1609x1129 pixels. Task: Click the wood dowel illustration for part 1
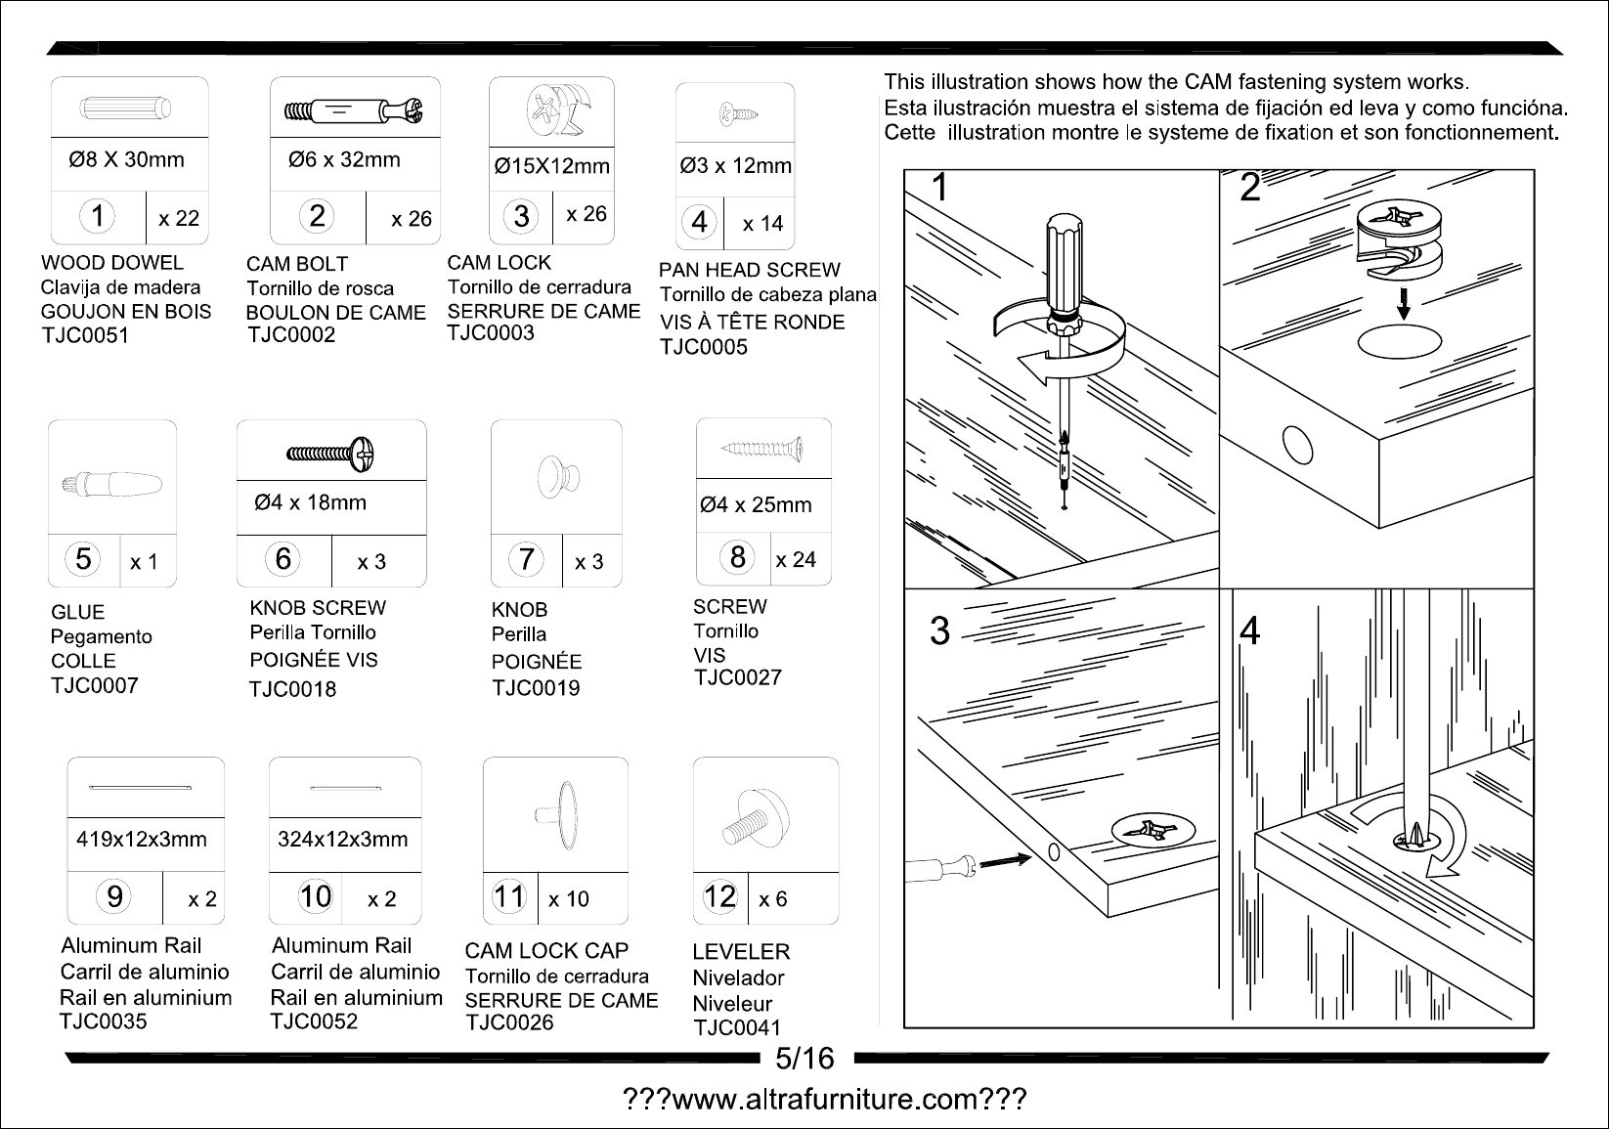126,109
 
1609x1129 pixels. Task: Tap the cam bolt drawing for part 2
354,111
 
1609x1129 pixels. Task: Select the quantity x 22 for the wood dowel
179,218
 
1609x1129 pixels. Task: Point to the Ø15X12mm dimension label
551,166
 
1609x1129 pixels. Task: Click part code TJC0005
704,347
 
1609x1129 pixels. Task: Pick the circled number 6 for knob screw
283,559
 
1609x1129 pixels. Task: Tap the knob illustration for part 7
558,477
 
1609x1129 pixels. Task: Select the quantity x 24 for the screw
796,559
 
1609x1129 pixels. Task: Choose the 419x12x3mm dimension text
142,839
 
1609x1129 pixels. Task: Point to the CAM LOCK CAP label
546,951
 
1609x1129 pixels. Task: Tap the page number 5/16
804,1059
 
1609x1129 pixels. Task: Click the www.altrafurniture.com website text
825,1099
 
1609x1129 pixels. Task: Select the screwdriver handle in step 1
1064,266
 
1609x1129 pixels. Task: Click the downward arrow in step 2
1403,303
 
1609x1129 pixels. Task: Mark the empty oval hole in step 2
1399,342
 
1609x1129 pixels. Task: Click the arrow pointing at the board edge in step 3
1006,859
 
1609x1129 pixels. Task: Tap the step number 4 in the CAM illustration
1250,630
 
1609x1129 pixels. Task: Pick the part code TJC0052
314,1021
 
